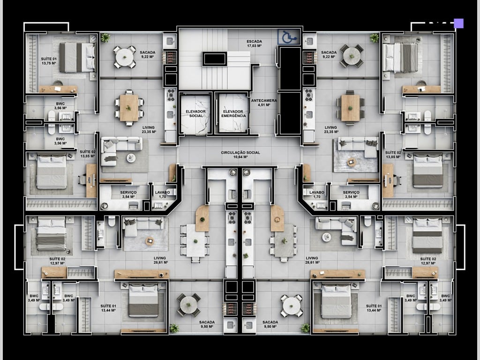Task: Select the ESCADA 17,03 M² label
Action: click(254, 44)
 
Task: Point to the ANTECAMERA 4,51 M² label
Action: click(264, 103)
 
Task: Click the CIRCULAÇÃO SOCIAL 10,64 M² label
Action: click(240, 155)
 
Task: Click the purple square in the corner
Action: click(458, 23)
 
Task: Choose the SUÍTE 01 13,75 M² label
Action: click(49, 60)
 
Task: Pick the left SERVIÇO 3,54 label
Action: click(128, 195)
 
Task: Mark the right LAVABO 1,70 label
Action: click(317, 195)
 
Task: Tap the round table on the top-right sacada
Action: click(351, 56)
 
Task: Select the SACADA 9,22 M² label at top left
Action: click(150, 55)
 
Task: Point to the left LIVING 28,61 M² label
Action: click(160, 261)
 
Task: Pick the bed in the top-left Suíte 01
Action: click(76, 57)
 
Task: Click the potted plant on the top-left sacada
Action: click(105, 37)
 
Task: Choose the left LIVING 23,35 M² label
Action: click(150, 130)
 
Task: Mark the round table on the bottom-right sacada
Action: click(292, 305)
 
